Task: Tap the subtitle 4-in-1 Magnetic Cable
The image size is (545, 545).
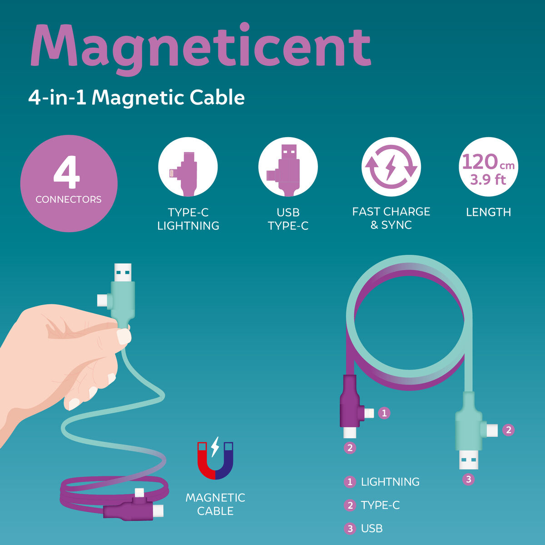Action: coord(136,97)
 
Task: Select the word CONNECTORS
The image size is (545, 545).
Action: coord(69,199)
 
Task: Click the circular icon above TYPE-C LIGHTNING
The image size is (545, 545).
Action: coord(188,167)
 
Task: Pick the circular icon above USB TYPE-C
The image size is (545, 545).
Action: coord(288,167)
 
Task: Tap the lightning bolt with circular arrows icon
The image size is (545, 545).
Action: coord(391,167)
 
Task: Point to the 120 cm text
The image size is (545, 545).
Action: coord(488,162)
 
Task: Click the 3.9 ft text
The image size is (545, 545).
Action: coord(488,179)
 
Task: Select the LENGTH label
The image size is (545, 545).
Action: coord(488,212)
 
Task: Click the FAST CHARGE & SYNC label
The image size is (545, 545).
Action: coord(391,218)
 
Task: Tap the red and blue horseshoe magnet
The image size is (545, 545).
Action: coord(215,460)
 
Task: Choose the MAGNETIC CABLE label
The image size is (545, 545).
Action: coord(215,504)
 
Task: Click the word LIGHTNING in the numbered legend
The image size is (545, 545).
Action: coord(390,482)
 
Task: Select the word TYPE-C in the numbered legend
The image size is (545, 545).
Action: coord(380,505)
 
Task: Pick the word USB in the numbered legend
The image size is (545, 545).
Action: coord(372,528)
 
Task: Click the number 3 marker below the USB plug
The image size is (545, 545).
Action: coord(468,479)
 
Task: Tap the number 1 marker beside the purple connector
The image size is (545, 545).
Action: coord(384,413)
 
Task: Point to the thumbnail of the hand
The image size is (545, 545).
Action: coord(123,337)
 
